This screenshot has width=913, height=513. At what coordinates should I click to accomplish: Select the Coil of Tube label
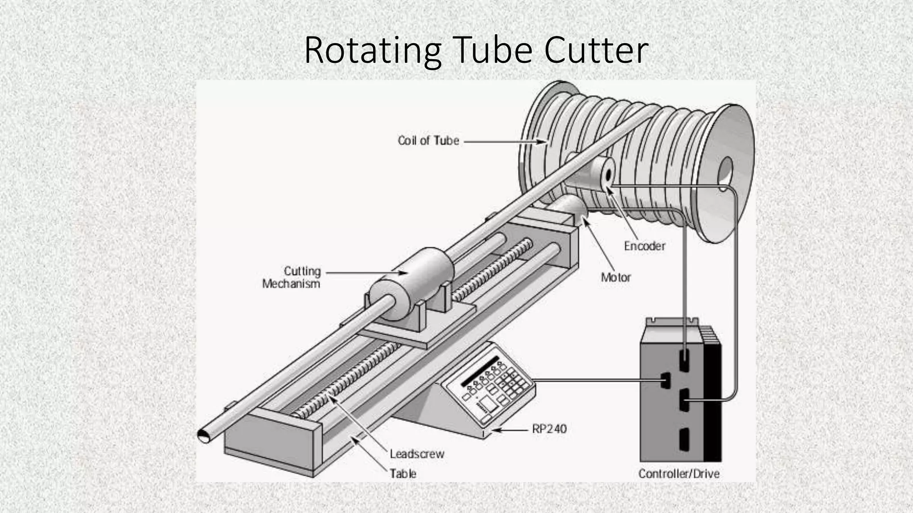[x=428, y=141]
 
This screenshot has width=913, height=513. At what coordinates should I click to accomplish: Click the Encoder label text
[x=644, y=246]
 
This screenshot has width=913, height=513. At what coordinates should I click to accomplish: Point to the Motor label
[x=616, y=277]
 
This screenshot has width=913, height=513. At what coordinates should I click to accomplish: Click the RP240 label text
[x=549, y=429]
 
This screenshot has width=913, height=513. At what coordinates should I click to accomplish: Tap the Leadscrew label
[x=417, y=454]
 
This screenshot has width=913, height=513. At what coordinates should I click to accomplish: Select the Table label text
[x=403, y=473]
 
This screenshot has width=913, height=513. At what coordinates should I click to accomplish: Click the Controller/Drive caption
[x=679, y=473]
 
